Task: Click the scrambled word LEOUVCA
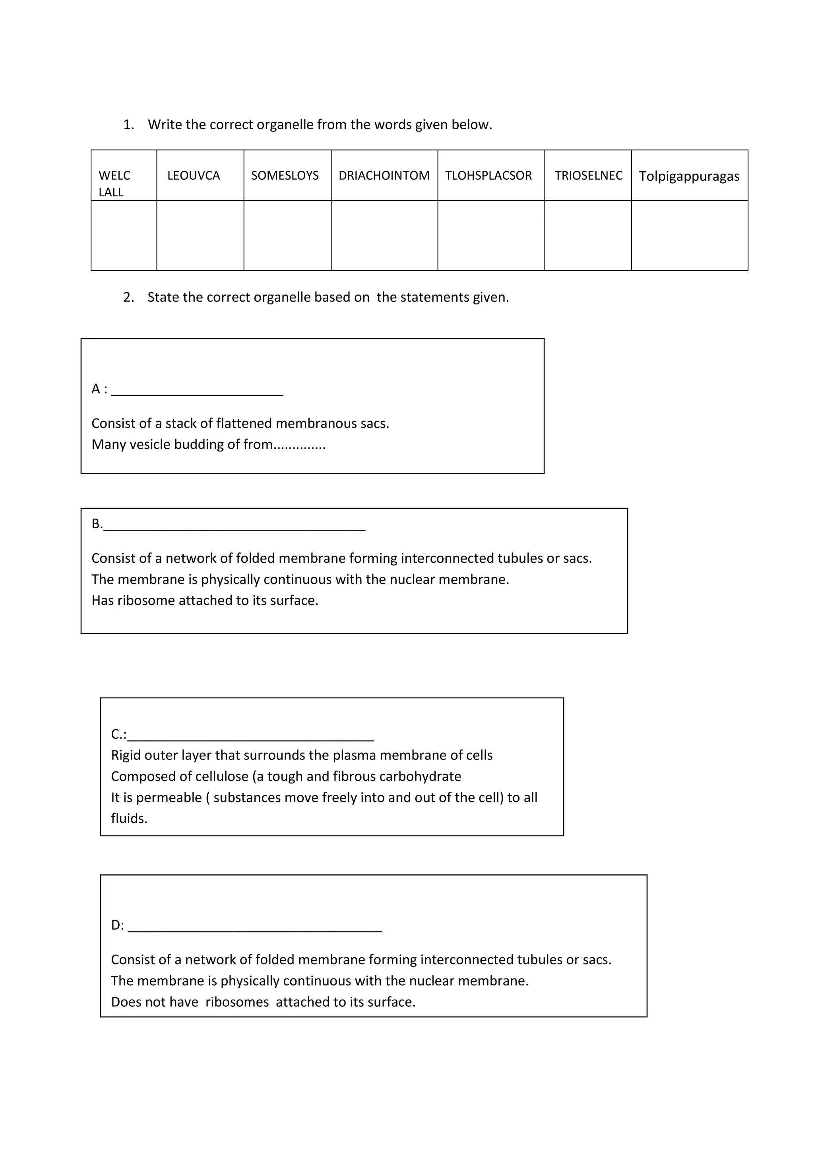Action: (x=194, y=175)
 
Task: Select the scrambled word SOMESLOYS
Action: (x=285, y=175)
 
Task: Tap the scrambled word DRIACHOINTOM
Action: (x=384, y=175)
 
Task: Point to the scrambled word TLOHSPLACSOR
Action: (x=488, y=175)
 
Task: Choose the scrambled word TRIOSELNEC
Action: (x=589, y=175)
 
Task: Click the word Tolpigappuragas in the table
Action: (x=689, y=176)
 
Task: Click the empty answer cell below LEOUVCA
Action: (x=200, y=236)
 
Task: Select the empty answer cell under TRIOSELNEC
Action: (x=587, y=236)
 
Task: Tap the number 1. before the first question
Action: (x=129, y=125)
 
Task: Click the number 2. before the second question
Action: (x=129, y=297)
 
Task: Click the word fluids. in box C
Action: (x=129, y=819)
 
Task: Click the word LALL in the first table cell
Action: (x=111, y=192)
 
